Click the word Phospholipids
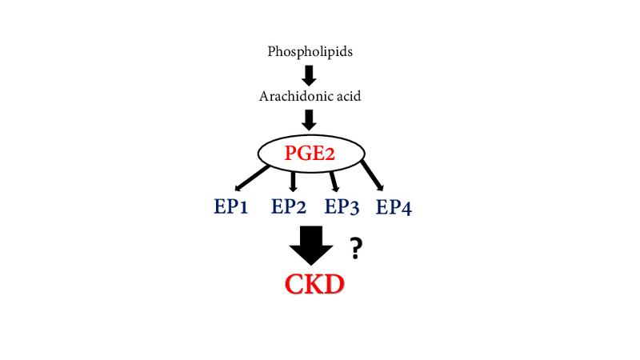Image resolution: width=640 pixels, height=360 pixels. tap(309, 53)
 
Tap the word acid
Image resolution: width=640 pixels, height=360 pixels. tap(346, 97)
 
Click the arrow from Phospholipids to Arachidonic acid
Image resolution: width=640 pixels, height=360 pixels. tap(310, 74)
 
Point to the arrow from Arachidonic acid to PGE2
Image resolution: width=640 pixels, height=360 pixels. tap(310, 119)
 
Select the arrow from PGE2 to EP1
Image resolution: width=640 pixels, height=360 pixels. tap(250, 175)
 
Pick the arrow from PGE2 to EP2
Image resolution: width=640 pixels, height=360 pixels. tap(293, 180)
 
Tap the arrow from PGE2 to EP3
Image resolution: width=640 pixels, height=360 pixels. tap(334, 180)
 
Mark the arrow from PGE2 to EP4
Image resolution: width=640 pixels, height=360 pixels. tap(371, 175)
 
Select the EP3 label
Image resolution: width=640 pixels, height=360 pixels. tap(342, 208)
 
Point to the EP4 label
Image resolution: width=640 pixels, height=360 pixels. tap(394, 208)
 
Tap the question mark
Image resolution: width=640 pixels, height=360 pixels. tap(357, 250)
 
